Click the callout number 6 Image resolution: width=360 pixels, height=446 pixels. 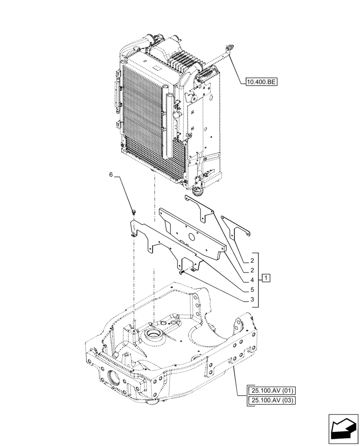[111, 175]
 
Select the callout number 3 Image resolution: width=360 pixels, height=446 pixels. [252, 299]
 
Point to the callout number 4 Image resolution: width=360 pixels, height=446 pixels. [252, 280]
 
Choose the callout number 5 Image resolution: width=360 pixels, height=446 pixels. [252, 289]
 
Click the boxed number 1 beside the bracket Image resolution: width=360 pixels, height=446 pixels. [266, 279]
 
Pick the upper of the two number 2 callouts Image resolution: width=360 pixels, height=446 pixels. [252, 260]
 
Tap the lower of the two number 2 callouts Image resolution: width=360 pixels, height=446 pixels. [252, 270]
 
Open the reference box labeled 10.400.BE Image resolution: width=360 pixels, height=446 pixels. [262, 81]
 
